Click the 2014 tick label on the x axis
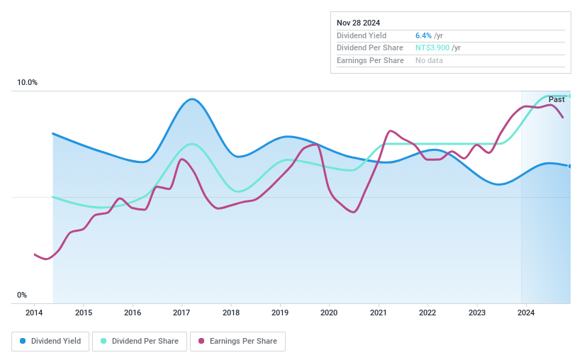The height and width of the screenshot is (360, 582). tap(34, 313)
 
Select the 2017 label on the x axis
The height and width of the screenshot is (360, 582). tap(181, 313)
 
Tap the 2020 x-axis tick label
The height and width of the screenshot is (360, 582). tap(329, 313)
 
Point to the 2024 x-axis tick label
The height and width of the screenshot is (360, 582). tap(525, 313)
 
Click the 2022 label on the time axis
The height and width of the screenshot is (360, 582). tap(427, 313)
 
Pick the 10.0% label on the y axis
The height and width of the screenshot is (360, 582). tap(27, 83)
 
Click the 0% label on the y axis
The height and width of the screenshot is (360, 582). tap(22, 295)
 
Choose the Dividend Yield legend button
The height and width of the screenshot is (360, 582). tap(50, 341)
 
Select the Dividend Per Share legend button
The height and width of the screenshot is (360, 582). tap(141, 341)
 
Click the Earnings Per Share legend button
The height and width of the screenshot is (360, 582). tap(237, 341)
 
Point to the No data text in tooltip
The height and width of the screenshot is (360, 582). tap(430, 60)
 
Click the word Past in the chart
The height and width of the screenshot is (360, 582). tap(556, 100)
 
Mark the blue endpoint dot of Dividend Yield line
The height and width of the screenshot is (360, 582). tap(570, 166)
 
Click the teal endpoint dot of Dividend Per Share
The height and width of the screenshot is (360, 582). tap(570, 96)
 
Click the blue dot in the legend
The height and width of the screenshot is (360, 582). tap(23, 341)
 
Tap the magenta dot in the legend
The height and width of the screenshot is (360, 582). tap(201, 341)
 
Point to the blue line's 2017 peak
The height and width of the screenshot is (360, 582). tap(191, 99)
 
